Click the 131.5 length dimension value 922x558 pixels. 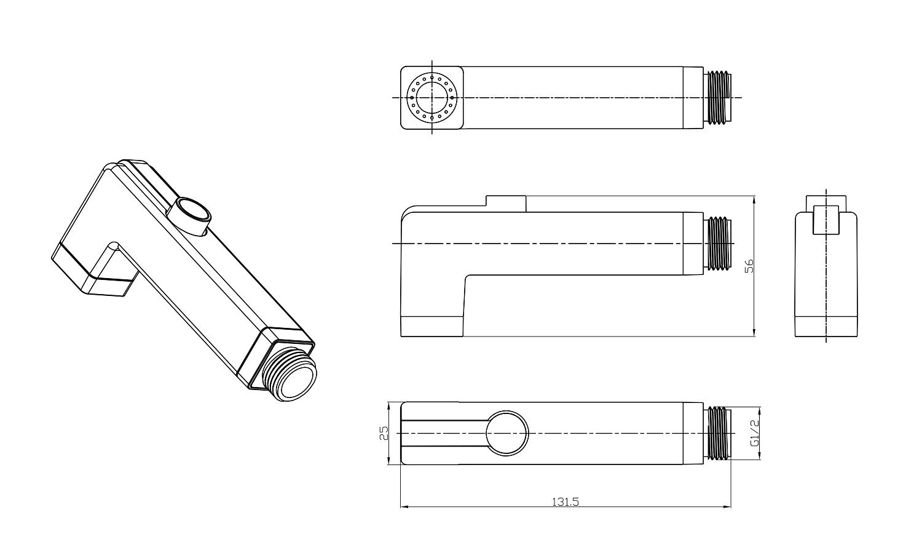(x=565, y=502)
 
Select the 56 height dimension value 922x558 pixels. (x=749, y=266)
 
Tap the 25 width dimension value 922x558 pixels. (x=384, y=433)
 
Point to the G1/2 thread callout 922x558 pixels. (x=754, y=433)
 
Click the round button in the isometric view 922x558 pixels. (x=189, y=216)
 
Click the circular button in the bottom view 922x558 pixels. (x=506, y=433)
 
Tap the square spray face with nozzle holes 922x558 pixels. (x=432, y=98)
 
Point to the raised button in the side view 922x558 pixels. (x=506, y=204)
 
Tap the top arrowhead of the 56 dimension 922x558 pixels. (x=754, y=201)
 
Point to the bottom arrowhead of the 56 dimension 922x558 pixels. (x=754, y=332)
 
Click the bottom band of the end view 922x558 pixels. (x=826, y=327)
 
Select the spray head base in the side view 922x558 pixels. (x=432, y=327)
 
